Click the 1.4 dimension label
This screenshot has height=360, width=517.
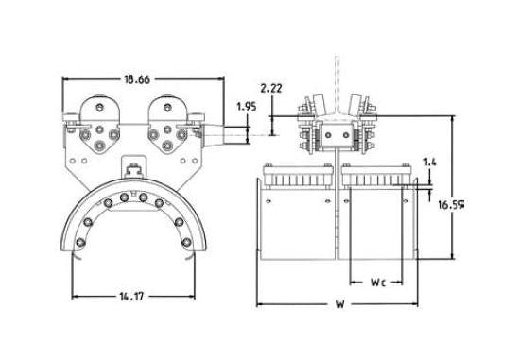(x=430, y=163)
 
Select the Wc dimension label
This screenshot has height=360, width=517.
(x=378, y=282)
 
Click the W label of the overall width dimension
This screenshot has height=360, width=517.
(x=337, y=304)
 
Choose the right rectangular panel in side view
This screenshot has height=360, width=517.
(x=378, y=222)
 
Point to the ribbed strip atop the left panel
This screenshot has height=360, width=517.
(x=297, y=179)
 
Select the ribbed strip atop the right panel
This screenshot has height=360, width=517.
(x=378, y=179)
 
